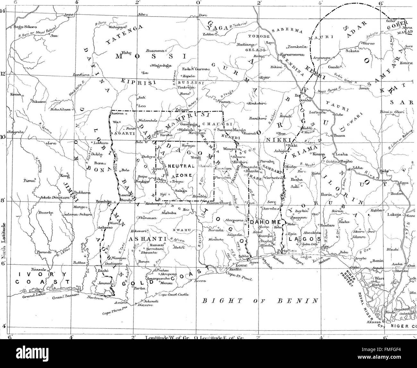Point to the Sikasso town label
[x=39, y=101]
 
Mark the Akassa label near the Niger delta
[x=373, y=322]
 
